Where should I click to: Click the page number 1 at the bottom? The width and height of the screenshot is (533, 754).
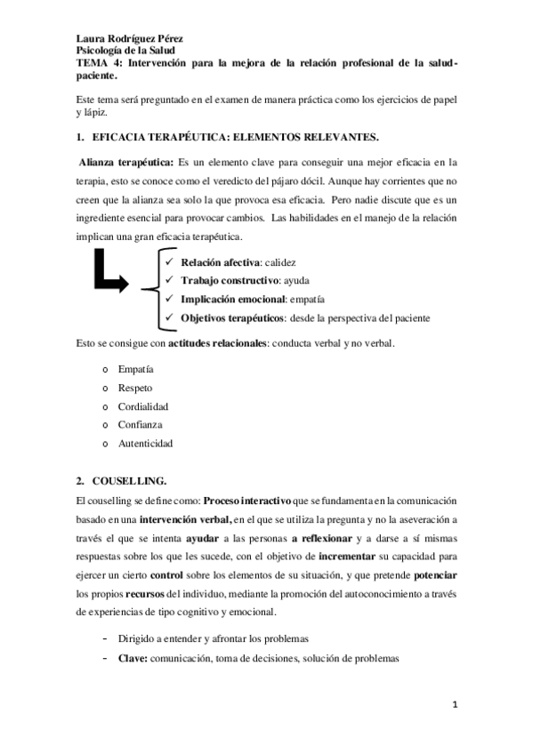point(455,705)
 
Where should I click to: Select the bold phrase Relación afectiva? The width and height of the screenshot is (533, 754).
point(221,264)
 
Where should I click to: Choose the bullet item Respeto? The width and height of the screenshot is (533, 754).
point(135,388)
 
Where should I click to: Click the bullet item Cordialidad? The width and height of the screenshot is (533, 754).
point(143,406)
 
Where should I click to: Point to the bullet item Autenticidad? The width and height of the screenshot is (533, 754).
point(145,443)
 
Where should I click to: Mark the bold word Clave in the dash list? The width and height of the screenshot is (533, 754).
point(133,658)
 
